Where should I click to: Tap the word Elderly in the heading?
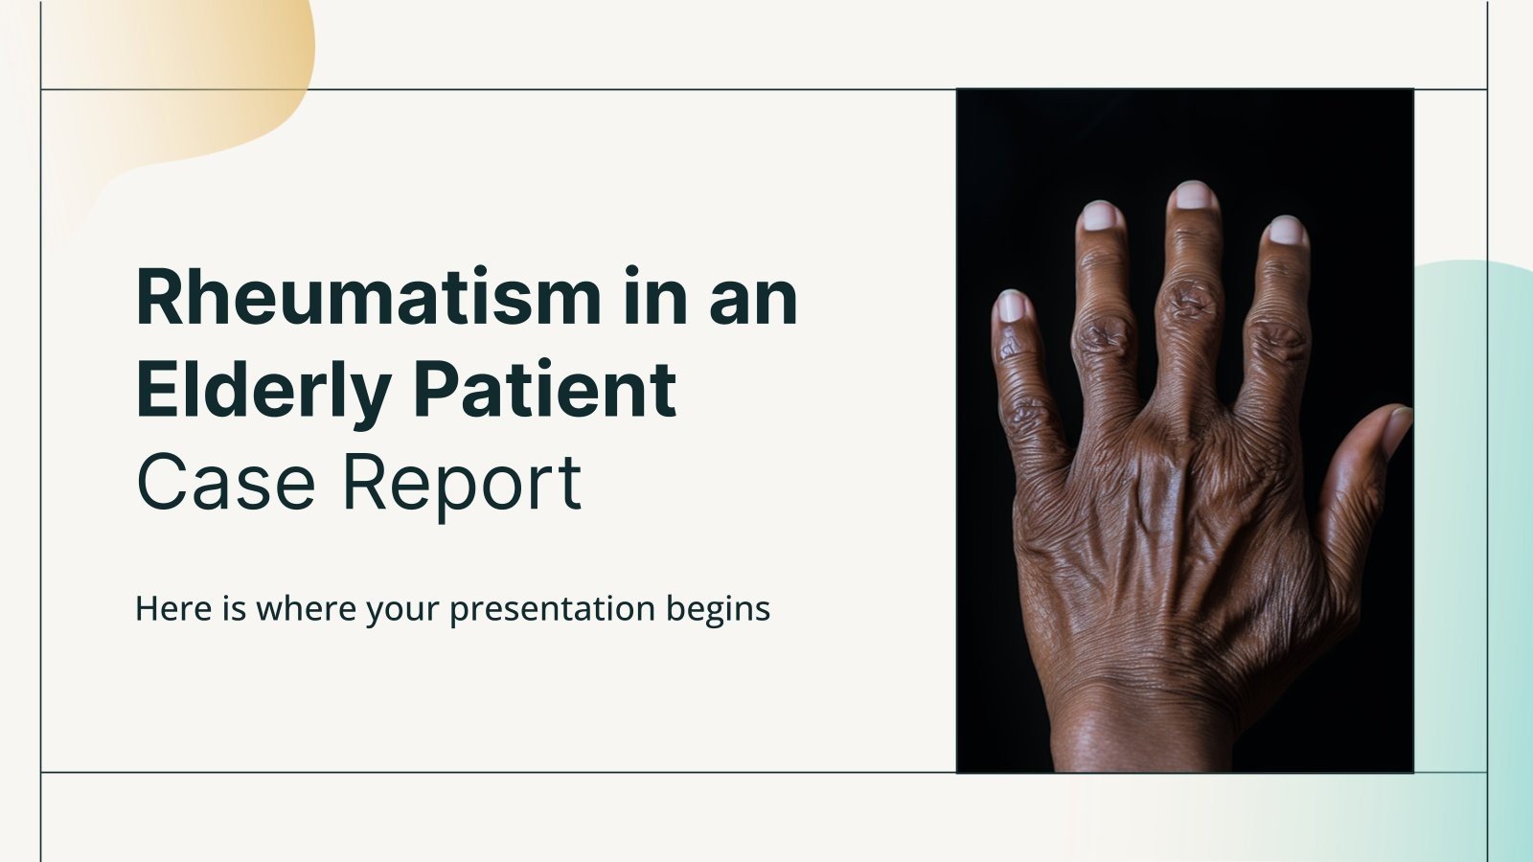(x=263, y=391)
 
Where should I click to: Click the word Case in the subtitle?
(x=225, y=482)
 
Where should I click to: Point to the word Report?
(x=462, y=484)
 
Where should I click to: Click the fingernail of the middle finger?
(x=1193, y=195)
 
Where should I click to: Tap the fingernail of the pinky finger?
(x=1011, y=306)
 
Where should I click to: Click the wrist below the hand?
(x=1140, y=728)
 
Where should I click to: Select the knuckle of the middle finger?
(x=1188, y=302)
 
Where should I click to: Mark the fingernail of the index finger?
(x=1286, y=231)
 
